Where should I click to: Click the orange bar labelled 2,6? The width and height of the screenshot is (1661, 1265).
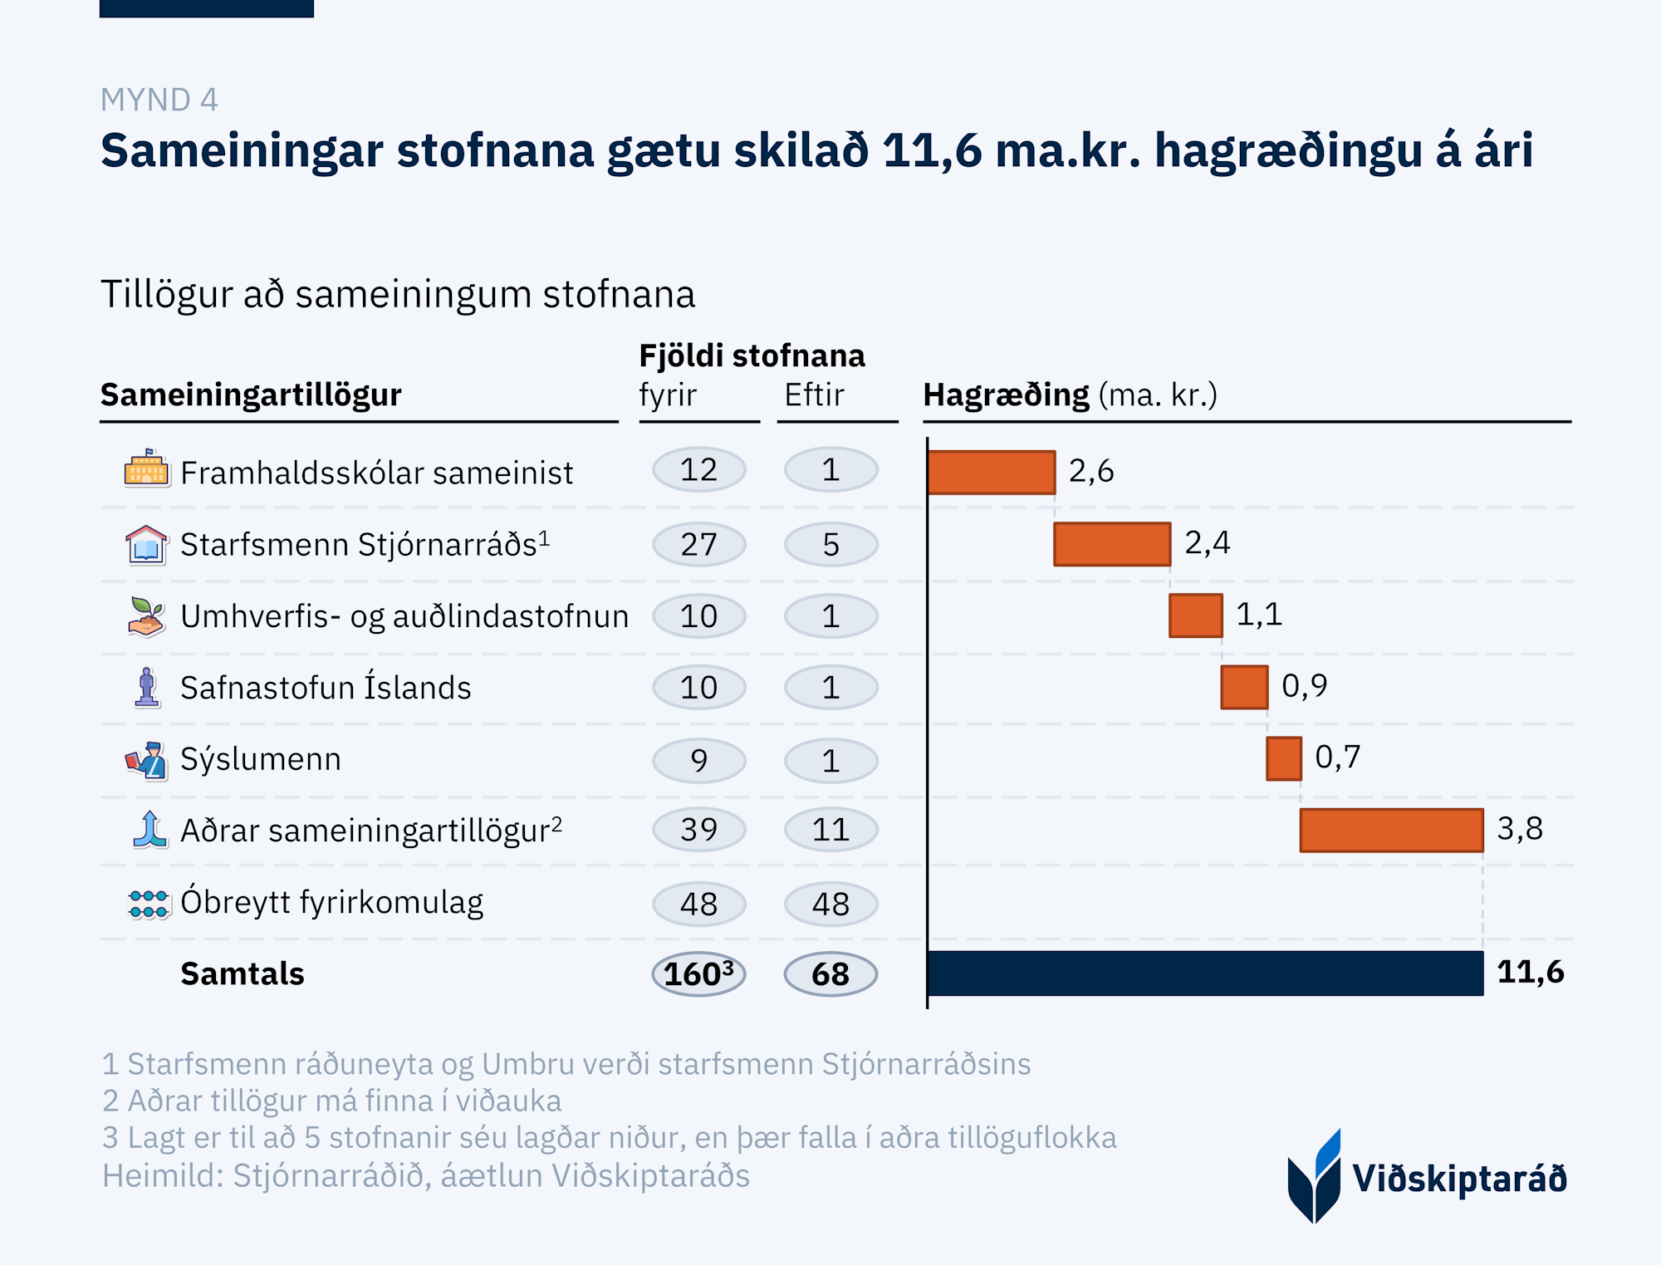[x=991, y=472]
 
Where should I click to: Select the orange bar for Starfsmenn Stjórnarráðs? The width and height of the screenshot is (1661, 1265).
[x=1112, y=544]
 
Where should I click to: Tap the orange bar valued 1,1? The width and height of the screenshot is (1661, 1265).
[x=1195, y=615]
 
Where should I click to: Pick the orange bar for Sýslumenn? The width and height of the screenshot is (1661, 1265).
[x=1283, y=758]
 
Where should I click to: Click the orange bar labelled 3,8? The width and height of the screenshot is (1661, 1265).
[x=1391, y=830]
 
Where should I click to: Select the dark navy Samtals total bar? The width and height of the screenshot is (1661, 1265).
[x=1204, y=973]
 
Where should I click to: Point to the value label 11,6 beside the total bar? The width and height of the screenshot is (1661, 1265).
[x=1530, y=972]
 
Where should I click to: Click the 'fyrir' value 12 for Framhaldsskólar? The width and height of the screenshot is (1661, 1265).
[x=698, y=470]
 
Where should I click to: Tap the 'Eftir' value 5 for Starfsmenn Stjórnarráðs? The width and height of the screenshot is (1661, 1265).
[x=830, y=545]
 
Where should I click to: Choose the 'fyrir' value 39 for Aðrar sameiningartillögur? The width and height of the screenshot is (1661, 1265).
[x=698, y=830]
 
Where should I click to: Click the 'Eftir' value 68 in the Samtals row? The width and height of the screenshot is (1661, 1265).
[x=830, y=973]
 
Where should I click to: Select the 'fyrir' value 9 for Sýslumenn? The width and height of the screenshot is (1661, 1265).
[x=698, y=760]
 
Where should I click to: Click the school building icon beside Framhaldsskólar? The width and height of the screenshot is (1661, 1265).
[x=146, y=468]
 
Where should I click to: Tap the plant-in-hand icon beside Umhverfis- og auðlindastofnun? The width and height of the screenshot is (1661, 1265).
[x=146, y=616]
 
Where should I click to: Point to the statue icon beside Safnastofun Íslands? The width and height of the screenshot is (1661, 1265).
[x=147, y=688]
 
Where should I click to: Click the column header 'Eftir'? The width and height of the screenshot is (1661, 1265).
[x=814, y=395]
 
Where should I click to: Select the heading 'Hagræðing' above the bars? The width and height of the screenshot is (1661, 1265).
[x=1006, y=395]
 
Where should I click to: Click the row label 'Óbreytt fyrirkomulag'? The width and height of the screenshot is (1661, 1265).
[x=331, y=902]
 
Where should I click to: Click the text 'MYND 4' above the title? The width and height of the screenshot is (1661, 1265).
[x=159, y=100]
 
